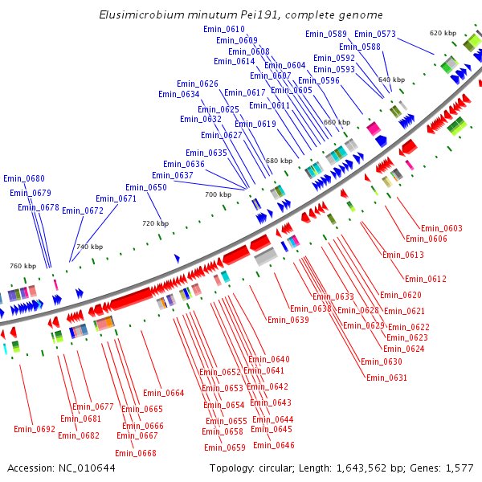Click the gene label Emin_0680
24,178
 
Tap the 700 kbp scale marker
217,194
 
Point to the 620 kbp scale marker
443,33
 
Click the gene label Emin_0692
35,429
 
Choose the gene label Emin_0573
375,34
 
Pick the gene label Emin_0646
273,445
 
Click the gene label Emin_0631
386,378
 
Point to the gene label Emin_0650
146,187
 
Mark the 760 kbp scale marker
22,266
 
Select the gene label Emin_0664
164,393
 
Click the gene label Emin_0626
198,84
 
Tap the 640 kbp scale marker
391,80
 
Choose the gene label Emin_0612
426,279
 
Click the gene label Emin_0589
326,34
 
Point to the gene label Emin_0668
136,453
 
